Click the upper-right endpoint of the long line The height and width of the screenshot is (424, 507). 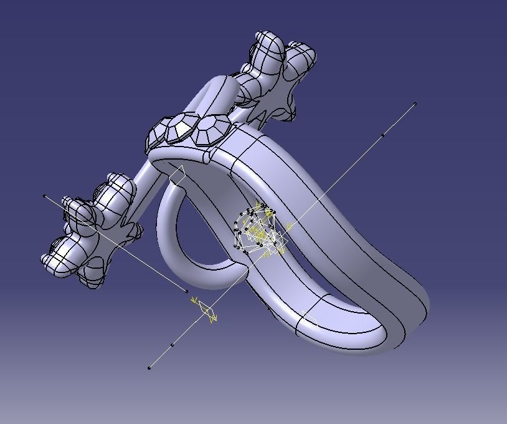[415, 104]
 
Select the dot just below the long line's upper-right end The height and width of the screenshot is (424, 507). [383, 135]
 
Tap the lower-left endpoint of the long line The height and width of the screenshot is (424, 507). [149, 368]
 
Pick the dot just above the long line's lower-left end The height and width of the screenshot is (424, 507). [173, 344]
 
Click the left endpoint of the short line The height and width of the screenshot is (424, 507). [44, 196]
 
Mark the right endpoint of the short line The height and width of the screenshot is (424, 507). [186, 291]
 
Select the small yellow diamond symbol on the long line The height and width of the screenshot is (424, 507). [206, 311]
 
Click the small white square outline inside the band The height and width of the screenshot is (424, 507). [177, 176]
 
